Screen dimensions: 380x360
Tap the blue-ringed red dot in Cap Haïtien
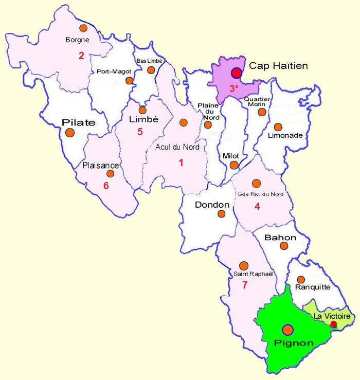[236, 74]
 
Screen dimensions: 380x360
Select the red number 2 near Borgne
[81, 56]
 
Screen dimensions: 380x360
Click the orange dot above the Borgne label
[83, 28]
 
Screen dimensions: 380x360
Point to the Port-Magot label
[114, 71]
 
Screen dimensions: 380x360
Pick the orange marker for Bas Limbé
[151, 70]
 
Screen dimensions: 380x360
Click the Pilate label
[79, 122]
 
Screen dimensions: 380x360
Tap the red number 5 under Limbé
[139, 132]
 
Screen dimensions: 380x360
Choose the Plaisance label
[101, 166]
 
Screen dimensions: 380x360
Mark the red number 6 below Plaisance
[106, 185]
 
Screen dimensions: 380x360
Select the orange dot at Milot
[234, 165]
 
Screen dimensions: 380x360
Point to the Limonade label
[285, 136]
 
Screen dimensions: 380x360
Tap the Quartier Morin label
[258, 101]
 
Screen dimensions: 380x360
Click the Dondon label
[212, 205]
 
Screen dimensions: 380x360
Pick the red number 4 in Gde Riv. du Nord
[257, 206]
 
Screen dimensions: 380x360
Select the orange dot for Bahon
[284, 246]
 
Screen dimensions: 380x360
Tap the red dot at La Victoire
[334, 324]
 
